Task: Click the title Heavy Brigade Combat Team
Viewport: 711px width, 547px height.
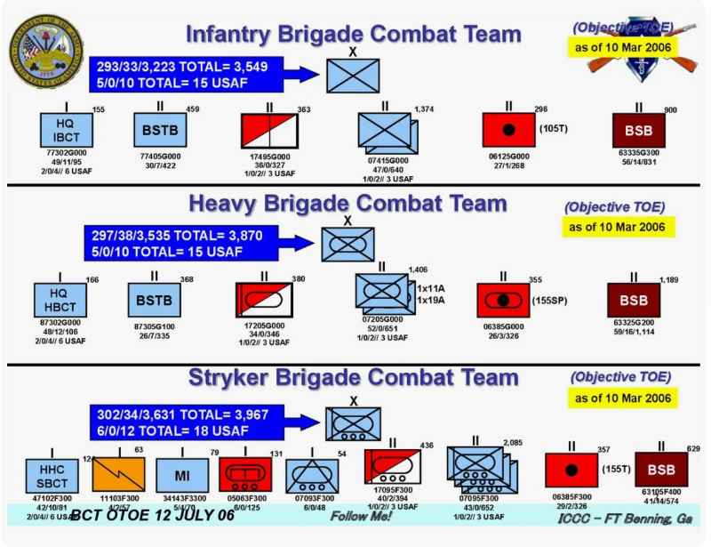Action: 348,205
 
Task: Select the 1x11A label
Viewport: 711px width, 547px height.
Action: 430,290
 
